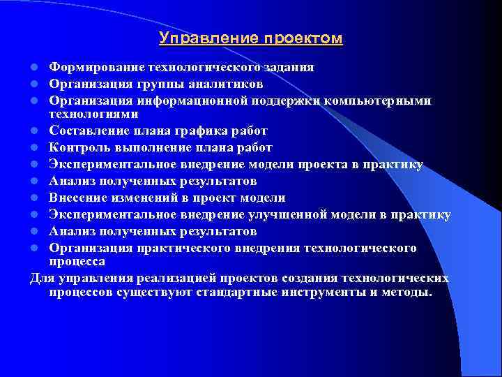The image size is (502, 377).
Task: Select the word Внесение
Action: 76,198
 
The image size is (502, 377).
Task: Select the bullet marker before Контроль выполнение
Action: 33,148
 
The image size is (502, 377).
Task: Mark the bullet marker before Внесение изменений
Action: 33,198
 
